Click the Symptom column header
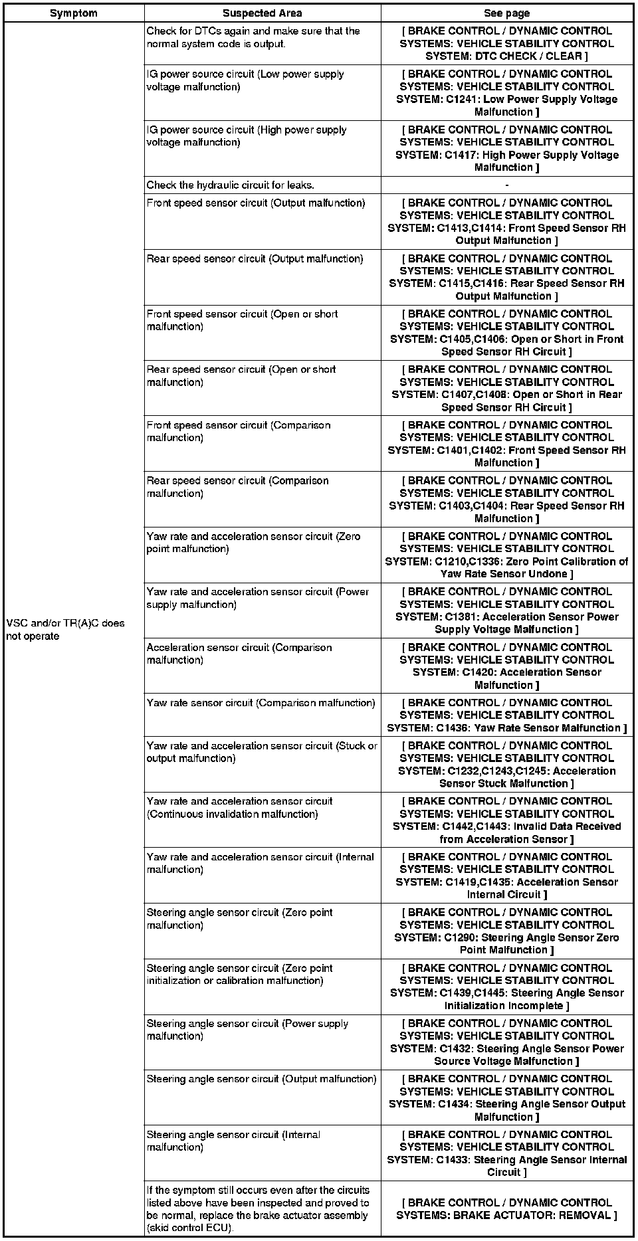coord(73,13)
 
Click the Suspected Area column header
coord(263,13)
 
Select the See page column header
coord(506,13)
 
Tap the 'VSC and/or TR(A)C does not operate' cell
coord(65,630)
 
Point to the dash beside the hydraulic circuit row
coord(507,185)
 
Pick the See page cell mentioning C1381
coord(507,611)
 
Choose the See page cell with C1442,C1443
coord(507,820)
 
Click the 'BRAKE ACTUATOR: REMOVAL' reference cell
coord(507,1209)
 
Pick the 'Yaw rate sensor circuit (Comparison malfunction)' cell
coord(261,703)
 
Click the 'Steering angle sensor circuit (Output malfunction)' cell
coord(261,1079)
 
